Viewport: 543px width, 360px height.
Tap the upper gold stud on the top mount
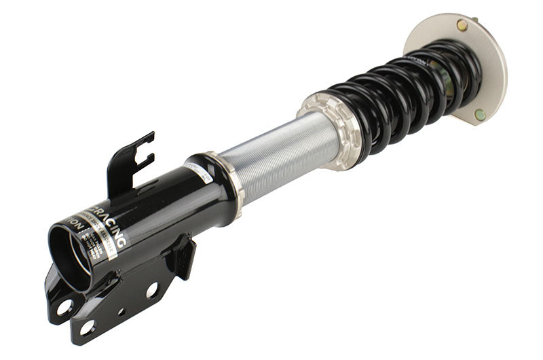click(x=462, y=26)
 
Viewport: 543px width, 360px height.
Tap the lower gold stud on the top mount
click(x=480, y=114)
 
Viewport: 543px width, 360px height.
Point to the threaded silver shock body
click(x=278, y=159)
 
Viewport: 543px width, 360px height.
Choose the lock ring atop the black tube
click(x=227, y=178)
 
